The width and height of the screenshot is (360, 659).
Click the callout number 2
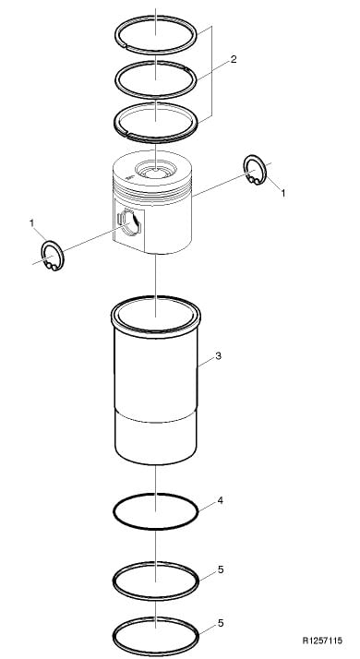pos(234,59)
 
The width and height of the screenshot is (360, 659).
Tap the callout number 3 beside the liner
pos(218,356)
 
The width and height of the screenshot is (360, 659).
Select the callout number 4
pos(220,500)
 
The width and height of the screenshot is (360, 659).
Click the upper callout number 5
pos(221,569)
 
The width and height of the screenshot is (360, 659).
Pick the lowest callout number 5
pos(221,623)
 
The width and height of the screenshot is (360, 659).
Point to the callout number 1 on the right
pos(283,193)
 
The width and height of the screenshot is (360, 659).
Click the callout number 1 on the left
pos(31,223)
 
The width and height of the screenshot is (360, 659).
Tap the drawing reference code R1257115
pos(322,641)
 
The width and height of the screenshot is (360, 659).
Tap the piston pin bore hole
pos(129,222)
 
